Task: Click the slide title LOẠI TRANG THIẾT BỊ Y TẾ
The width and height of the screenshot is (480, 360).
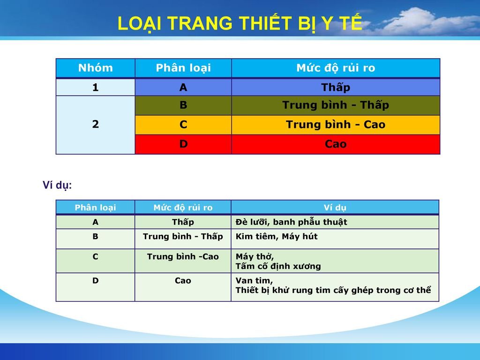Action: (240, 23)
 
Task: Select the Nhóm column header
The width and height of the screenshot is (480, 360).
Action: (96, 67)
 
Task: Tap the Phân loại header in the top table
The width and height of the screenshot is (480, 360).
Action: (183, 67)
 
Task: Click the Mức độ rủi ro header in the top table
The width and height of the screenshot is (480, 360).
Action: (336, 67)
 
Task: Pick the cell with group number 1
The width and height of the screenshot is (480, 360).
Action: (96, 88)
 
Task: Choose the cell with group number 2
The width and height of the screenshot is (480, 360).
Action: (96, 125)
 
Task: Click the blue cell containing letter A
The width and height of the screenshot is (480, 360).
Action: (183, 88)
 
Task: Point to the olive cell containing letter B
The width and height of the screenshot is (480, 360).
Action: (183, 105)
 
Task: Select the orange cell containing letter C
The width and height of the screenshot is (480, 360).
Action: (183, 125)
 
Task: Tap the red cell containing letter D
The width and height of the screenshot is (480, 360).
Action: (183, 144)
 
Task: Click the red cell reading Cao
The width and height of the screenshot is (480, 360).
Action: (336, 144)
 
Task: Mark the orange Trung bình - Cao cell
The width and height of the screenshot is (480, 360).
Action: (336, 125)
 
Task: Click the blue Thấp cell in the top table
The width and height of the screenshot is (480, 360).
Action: (336, 88)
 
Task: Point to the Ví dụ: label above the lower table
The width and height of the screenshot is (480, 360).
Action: (57, 186)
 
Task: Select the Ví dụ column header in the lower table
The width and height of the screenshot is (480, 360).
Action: (335, 208)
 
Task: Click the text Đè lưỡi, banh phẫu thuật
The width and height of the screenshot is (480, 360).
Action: (292, 222)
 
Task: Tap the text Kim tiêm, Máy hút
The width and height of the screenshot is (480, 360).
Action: (277, 236)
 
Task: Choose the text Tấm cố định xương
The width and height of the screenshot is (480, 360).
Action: (278, 266)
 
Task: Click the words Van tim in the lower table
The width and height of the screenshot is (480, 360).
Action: (254, 280)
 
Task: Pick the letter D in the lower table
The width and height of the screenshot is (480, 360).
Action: (96, 280)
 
